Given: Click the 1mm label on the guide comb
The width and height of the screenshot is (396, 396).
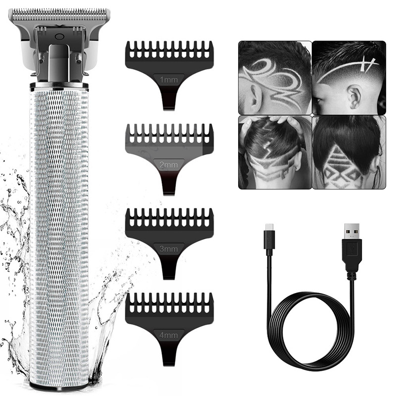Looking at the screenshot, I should pos(169,78).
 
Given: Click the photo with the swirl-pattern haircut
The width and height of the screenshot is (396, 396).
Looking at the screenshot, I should pos(275,78).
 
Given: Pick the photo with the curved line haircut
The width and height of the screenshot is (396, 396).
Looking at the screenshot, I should pos(348,78).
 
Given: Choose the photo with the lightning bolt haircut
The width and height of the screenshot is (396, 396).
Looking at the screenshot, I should pos(275,152).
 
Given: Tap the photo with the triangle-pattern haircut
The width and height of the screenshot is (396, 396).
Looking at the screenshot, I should pos(348,152).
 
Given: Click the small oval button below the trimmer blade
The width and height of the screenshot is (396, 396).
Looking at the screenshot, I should pos(59,36).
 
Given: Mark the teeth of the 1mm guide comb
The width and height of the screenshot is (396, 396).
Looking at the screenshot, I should pos(169,50).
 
